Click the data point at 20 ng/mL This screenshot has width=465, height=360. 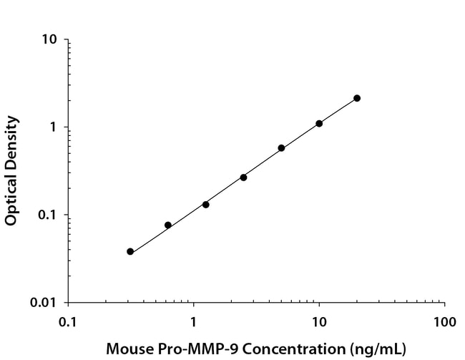[x=357, y=98]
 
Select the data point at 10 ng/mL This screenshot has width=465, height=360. [x=319, y=124]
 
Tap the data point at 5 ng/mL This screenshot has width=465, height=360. [x=281, y=148]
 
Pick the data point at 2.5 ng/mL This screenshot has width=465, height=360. [x=243, y=177]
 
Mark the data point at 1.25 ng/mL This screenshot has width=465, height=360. [x=206, y=205]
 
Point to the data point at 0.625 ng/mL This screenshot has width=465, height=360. [x=168, y=225]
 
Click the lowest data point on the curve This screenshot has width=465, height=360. [x=130, y=252]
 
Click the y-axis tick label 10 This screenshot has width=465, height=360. [x=50, y=39]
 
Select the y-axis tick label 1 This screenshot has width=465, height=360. [x=55, y=127]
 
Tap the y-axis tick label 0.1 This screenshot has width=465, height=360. [x=50, y=215]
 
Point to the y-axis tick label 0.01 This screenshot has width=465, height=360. [x=46, y=303]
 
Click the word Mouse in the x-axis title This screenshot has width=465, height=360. [x=127, y=349]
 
